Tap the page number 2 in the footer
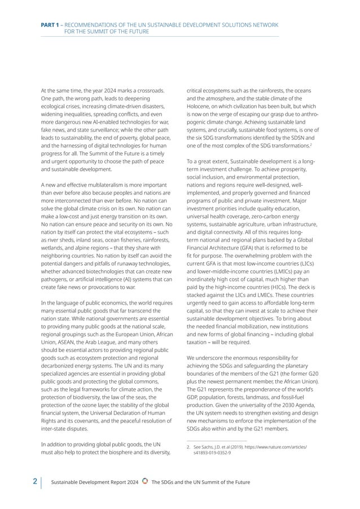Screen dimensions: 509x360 coord(35,481)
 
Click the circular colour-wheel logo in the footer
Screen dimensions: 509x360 coord(145,481)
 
